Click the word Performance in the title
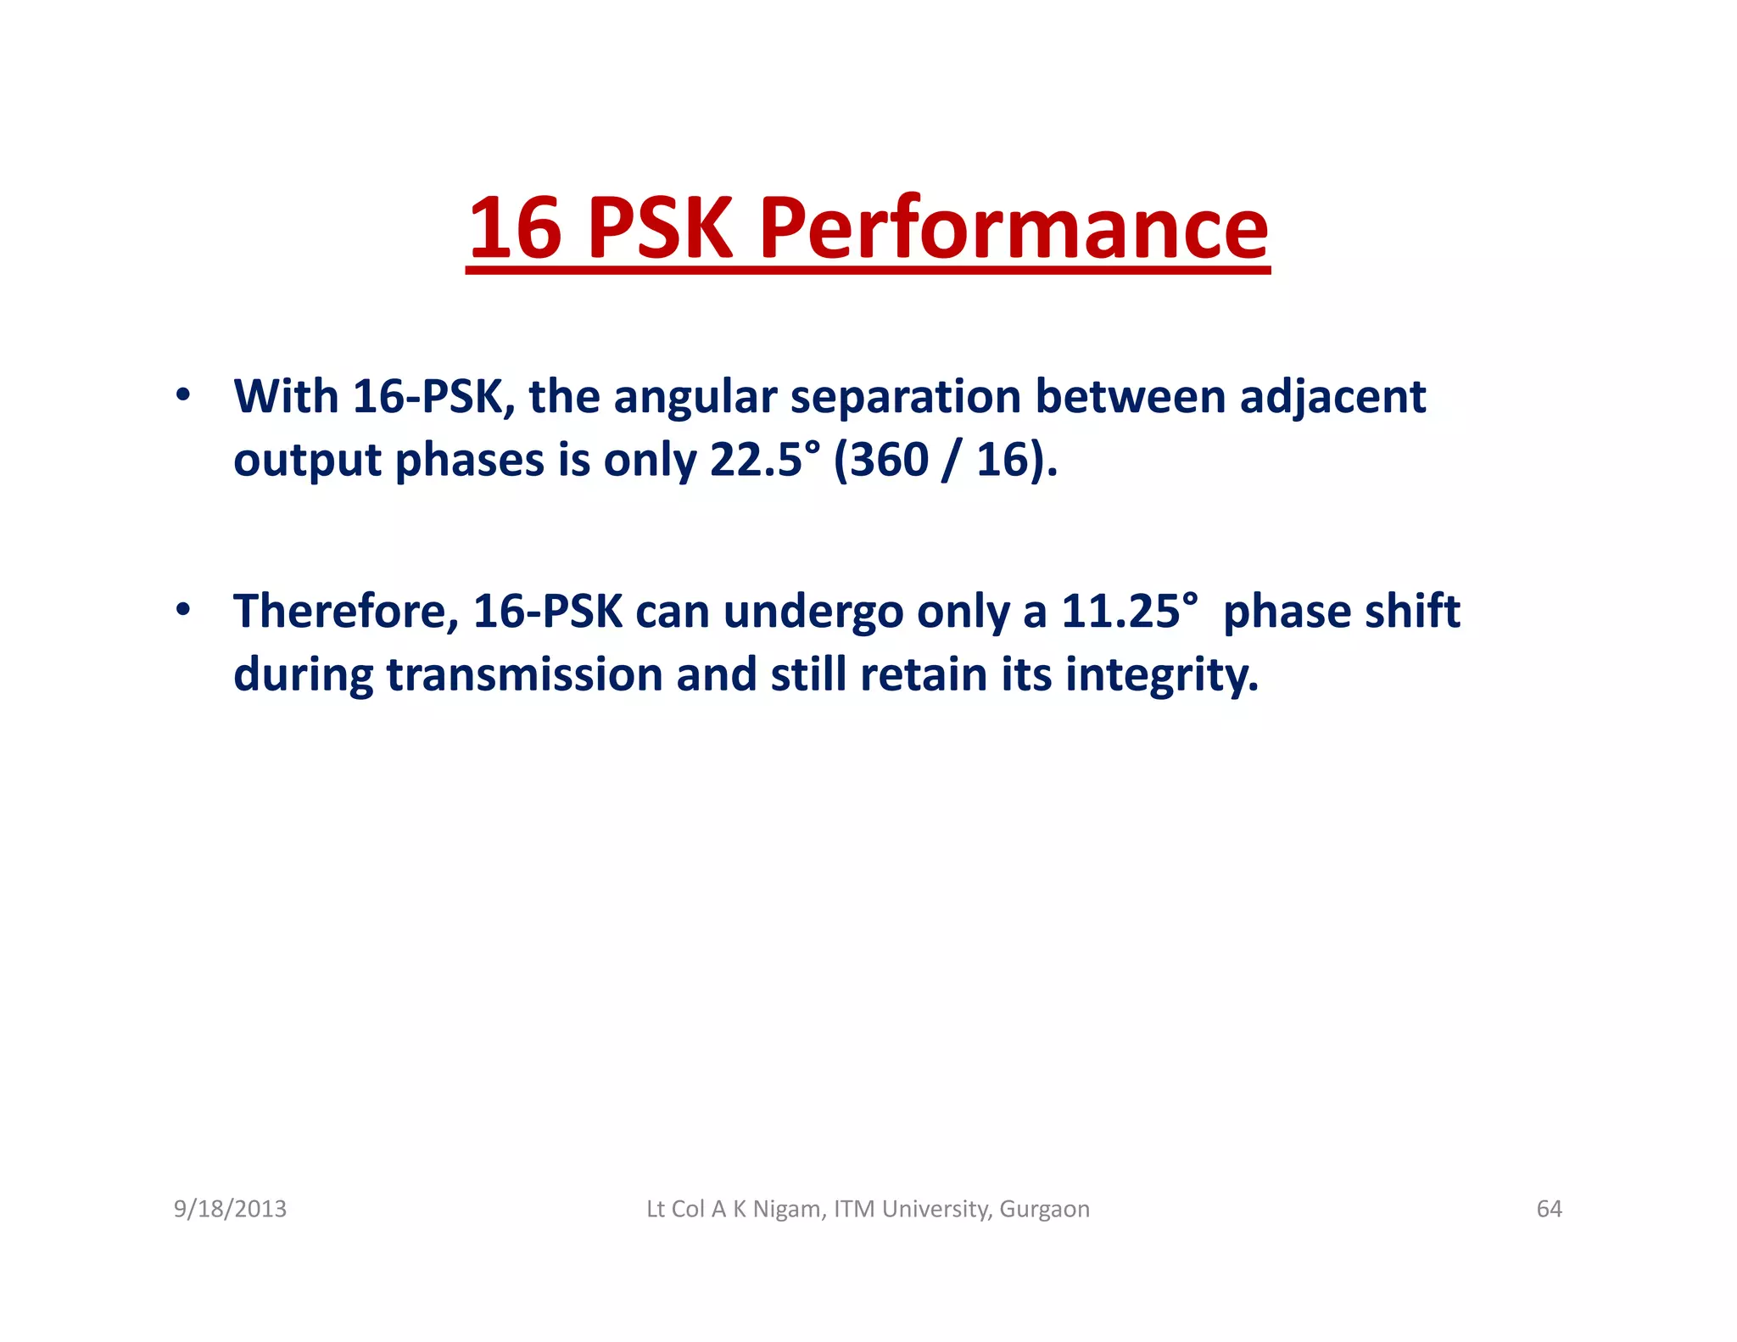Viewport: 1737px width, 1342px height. pos(1014,228)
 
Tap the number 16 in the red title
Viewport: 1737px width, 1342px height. pos(515,228)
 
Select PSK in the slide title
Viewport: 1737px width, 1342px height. pos(660,228)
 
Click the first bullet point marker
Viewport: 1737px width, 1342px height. pos(182,395)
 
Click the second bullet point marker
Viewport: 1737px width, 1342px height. pos(182,610)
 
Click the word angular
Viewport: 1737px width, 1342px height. pos(695,397)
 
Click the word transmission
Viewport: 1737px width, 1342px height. pos(524,674)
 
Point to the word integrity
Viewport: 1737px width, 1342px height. pos(1161,675)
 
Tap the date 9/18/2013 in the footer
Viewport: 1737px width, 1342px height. pos(230,1208)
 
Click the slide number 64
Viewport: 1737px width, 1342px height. pos(1549,1208)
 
